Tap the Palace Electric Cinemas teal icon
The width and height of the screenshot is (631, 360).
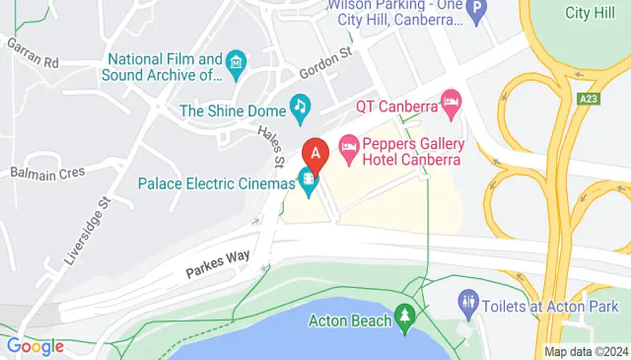point(309,180)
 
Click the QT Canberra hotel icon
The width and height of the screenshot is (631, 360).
point(452,100)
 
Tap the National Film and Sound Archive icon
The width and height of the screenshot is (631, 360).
point(236,65)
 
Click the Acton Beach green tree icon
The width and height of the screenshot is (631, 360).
point(403,317)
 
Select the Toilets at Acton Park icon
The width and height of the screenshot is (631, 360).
point(469,301)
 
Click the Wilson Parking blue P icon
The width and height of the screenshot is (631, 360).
point(477,12)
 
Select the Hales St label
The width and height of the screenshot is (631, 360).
point(271,146)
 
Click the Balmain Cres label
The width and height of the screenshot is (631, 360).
point(48,173)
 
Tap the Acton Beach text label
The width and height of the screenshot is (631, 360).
point(345,320)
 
